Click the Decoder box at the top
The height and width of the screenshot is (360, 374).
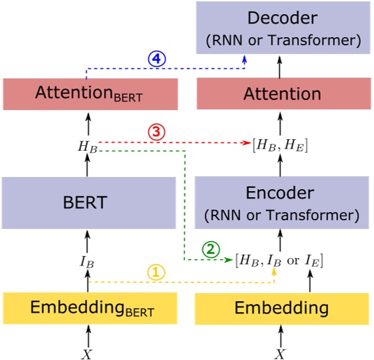tap(284, 28)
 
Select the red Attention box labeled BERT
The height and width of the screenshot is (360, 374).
tap(90, 94)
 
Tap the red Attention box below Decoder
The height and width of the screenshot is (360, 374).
tap(284, 94)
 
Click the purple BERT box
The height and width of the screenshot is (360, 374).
tap(90, 201)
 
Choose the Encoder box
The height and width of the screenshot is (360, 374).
tap(284, 202)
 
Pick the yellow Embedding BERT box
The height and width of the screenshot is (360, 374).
tap(90, 309)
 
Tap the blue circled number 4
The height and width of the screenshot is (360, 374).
tap(157, 59)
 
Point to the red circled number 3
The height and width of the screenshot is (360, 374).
tap(157, 133)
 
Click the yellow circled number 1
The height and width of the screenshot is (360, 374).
tap(156, 272)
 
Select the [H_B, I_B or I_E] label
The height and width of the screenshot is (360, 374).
tap(279, 260)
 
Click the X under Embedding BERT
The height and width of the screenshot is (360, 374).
tap(86, 353)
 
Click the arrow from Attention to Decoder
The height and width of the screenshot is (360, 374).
tap(279, 67)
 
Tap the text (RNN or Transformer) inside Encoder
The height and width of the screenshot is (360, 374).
tap(284, 215)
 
